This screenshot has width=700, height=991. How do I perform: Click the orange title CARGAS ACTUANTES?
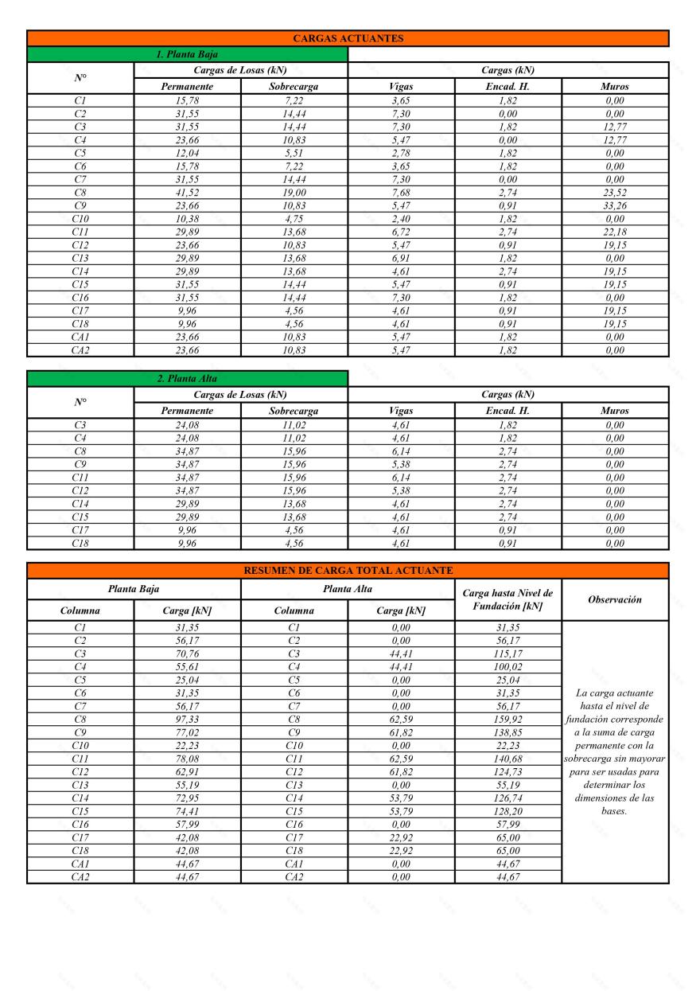[x=348, y=38]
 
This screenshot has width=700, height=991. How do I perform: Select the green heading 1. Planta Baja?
[x=187, y=54]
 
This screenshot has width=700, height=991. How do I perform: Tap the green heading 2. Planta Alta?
[x=187, y=378]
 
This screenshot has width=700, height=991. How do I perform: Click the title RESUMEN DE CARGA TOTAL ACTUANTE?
[x=348, y=570]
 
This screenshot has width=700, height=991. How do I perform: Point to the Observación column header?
[x=615, y=599]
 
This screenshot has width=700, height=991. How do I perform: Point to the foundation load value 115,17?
[x=507, y=654]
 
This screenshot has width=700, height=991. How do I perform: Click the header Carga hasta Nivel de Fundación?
[x=507, y=599]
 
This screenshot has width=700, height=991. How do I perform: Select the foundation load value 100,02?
[x=507, y=667]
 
